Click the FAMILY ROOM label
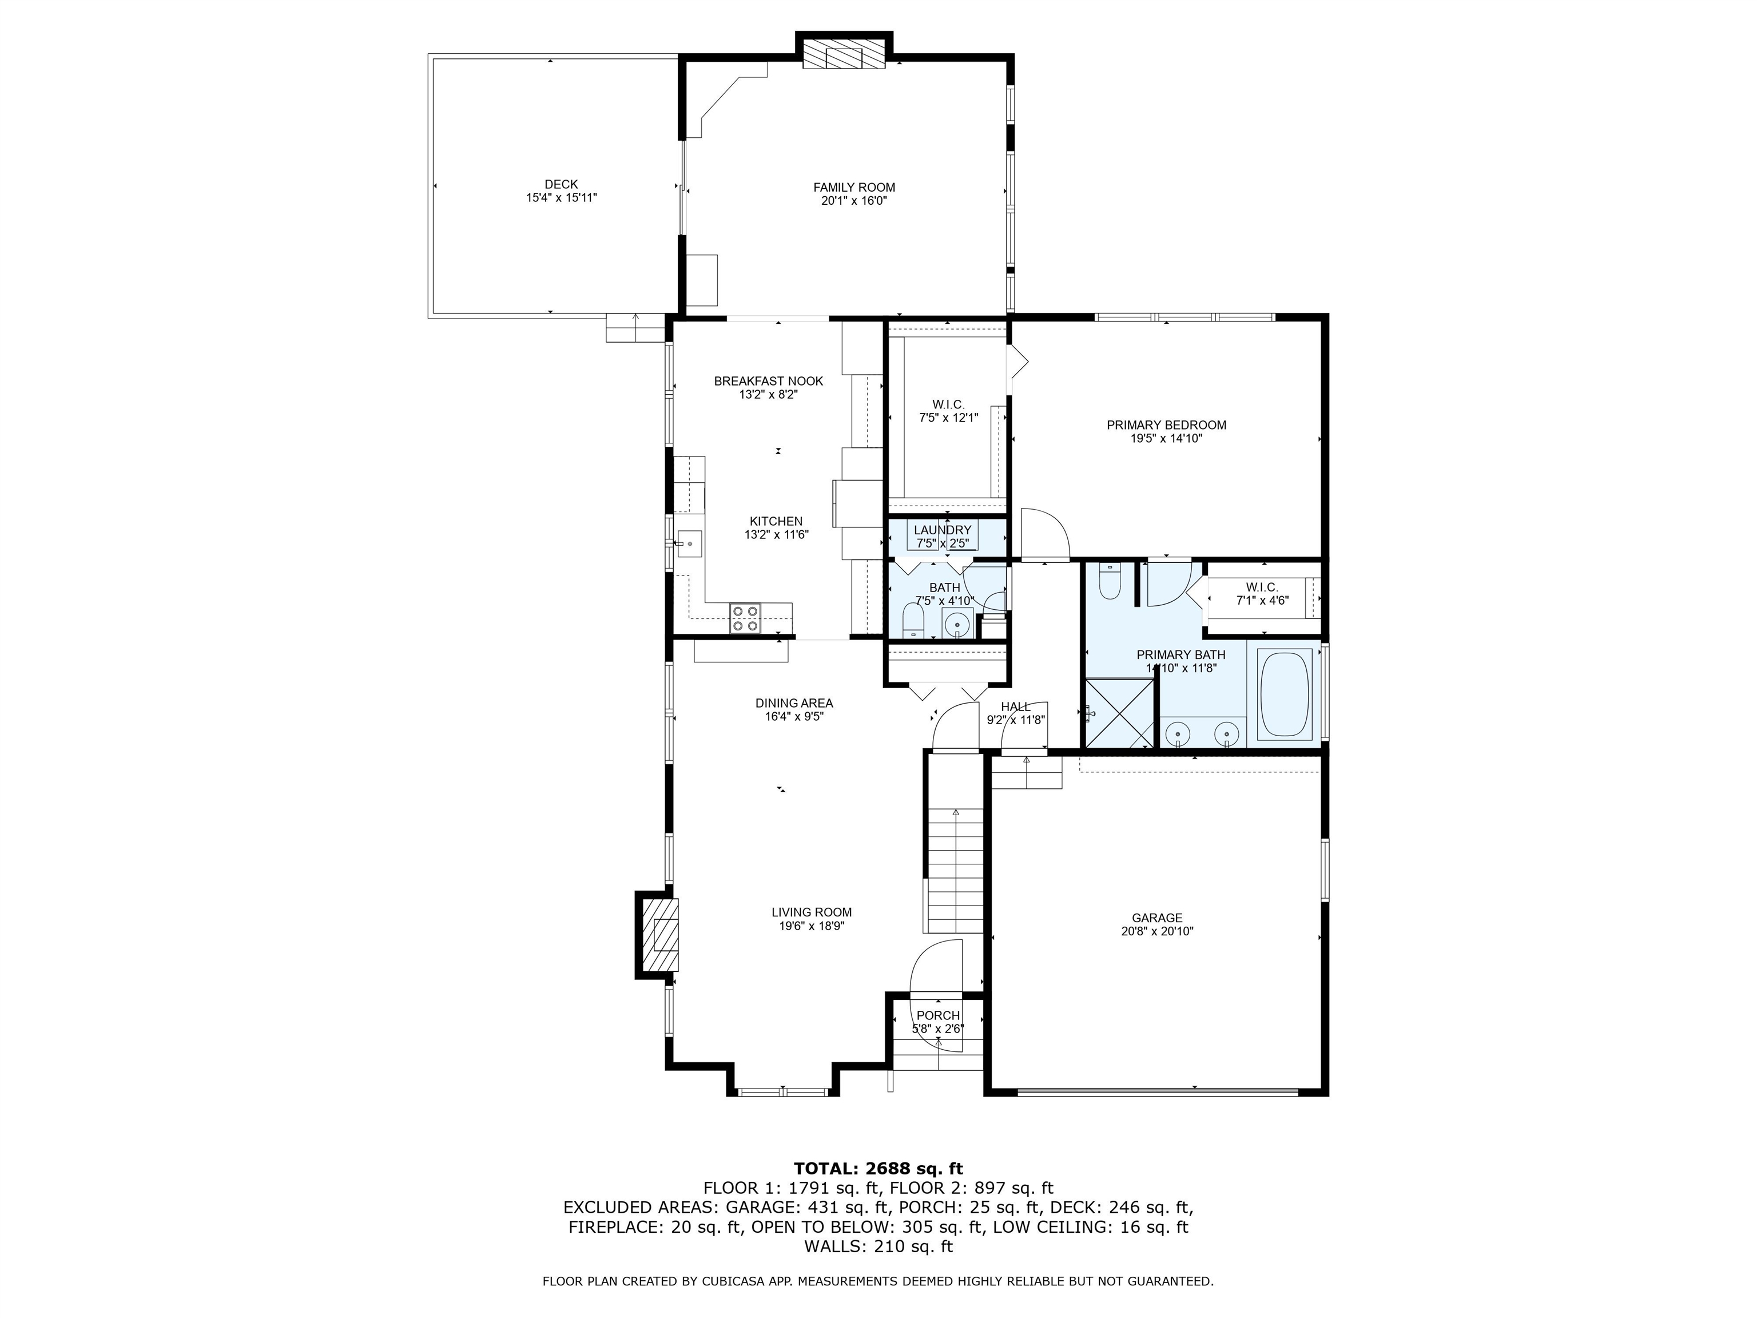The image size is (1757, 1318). pos(853,188)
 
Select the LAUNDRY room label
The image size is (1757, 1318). pos(942,530)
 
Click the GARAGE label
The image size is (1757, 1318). pos(1156,918)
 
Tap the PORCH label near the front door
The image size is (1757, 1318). pos(938,1015)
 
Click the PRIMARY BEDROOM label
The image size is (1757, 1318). pos(1166,425)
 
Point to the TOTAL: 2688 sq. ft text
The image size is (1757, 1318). pos(878,1169)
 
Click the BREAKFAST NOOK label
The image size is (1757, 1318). pos(768,382)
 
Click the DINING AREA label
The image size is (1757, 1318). pos(793,703)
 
